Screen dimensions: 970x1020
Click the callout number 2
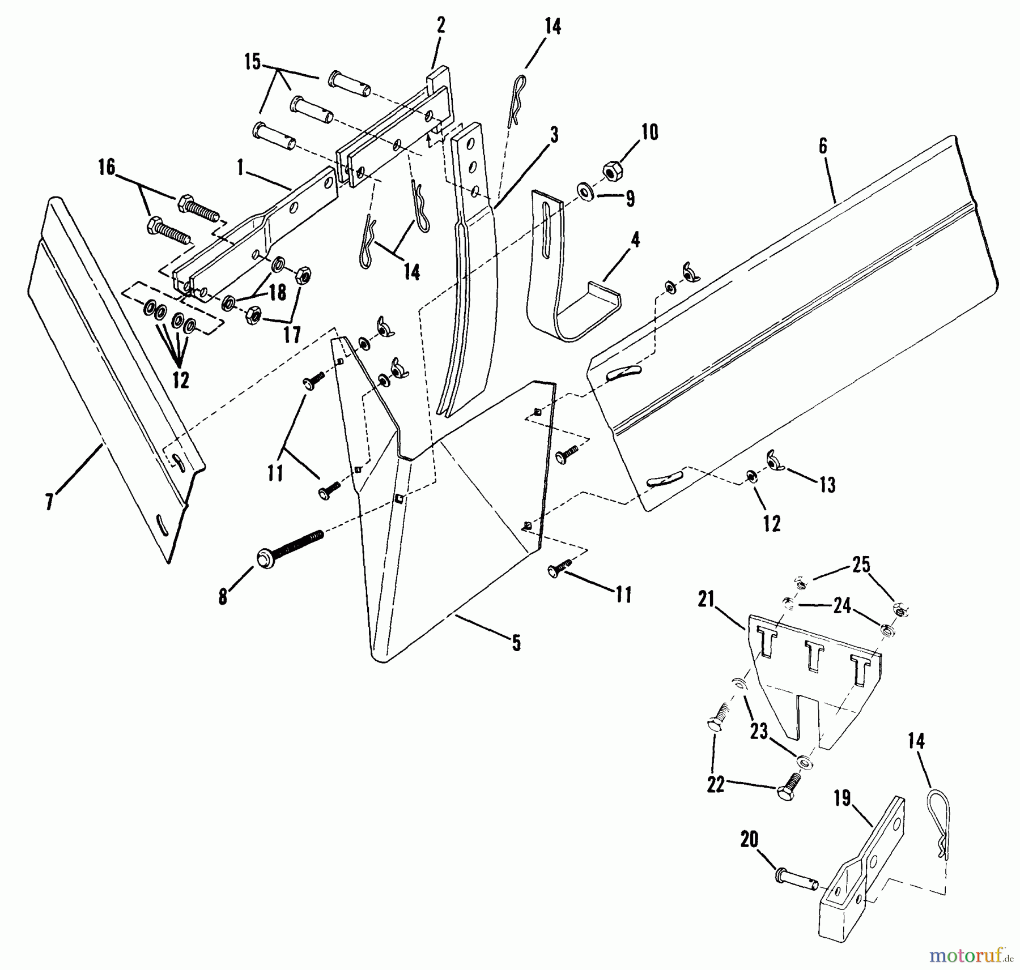(x=441, y=25)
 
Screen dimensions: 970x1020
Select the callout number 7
(x=50, y=501)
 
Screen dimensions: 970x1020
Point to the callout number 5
(x=516, y=643)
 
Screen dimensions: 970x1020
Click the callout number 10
(x=649, y=133)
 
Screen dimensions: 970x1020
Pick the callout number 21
(x=707, y=600)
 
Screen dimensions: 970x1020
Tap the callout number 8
(x=223, y=596)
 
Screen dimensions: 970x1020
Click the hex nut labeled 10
(x=611, y=169)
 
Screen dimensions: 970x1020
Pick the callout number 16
(x=107, y=168)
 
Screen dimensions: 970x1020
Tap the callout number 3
(x=554, y=135)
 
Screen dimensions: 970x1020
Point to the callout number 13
(x=827, y=485)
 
